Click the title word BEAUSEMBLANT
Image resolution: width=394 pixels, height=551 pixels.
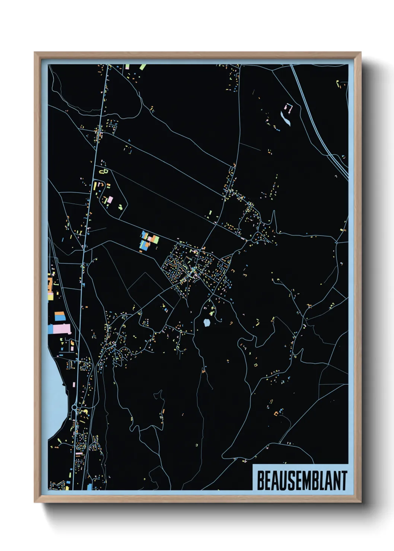pyautogui.click(x=302, y=481)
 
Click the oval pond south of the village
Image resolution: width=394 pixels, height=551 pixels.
pyautogui.click(x=207, y=323)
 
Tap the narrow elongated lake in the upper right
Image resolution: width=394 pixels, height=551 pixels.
pyautogui.click(x=285, y=119)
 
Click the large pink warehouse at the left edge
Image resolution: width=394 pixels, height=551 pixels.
pyautogui.click(x=62, y=329)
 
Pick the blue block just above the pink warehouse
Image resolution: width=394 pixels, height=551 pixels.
pyautogui.click(x=60, y=316)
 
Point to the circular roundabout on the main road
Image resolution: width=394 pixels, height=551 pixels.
pyautogui.click(x=74, y=407)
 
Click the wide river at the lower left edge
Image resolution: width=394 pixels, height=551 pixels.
pyautogui.click(x=56, y=395)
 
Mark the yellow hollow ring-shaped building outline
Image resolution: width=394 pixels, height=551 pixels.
pyautogui.click(x=104, y=171)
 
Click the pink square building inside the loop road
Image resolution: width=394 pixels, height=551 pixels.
pyautogui.click(x=110, y=200)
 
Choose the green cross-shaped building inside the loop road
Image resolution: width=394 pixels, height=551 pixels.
pyautogui.click(x=121, y=207)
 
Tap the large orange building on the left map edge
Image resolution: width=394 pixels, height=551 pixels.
pyautogui.click(x=50, y=284)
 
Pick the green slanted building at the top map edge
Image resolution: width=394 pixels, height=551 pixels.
pyautogui.click(x=143, y=67)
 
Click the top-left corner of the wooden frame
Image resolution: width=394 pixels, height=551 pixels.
pyautogui.click(x=35, y=52)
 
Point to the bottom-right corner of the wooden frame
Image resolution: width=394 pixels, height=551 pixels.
pyautogui.click(x=360, y=502)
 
